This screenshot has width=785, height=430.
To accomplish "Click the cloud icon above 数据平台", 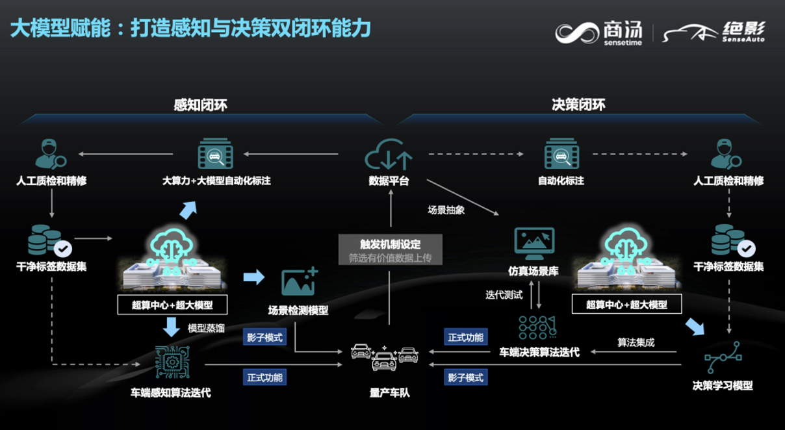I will [x=389, y=155].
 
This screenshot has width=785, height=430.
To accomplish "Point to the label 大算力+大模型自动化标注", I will [x=216, y=181].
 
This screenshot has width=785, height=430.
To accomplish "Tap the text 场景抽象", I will [x=446, y=210].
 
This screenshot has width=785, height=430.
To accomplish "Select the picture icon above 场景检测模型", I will [x=299, y=282].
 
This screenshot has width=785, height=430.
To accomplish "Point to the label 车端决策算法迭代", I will [x=539, y=352].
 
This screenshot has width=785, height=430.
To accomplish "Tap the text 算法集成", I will [x=636, y=342].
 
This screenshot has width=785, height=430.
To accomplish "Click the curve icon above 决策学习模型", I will [x=723, y=357].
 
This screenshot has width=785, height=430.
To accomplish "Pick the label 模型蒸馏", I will [x=206, y=328].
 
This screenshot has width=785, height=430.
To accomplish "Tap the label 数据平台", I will [x=389, y=181].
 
